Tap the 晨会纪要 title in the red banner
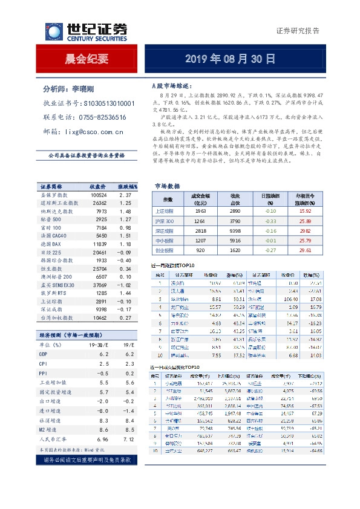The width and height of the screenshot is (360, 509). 87,59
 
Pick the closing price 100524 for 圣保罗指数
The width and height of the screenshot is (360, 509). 99,195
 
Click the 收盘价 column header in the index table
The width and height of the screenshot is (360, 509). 99,186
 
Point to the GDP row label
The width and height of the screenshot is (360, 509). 44,354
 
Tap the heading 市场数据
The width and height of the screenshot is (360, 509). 167,186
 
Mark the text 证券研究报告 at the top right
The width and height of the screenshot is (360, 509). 298,31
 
